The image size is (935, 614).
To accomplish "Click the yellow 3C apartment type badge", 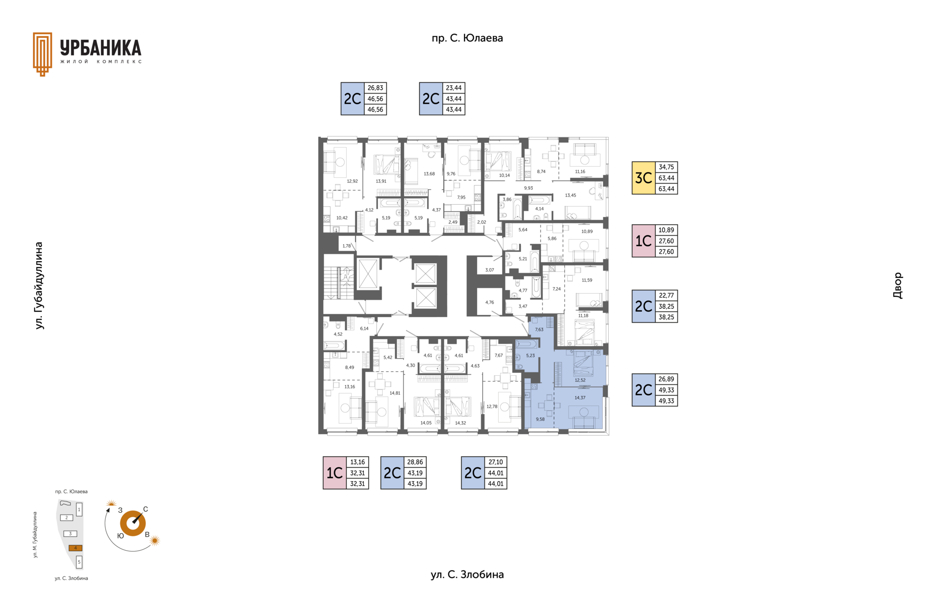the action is click(x=643, y=178).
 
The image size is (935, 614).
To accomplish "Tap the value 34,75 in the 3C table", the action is click(x=666, y=167).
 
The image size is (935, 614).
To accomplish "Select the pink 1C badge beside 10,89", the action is click(x=643, y=241).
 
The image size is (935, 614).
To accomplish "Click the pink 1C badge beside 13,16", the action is click(x=335, y=473).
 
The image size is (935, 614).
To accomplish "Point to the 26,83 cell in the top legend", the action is click(x=375, y=88).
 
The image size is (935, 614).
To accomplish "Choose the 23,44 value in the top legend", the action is click(x=453, y=88).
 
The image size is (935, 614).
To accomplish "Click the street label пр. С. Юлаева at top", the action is click(x=467, y=38).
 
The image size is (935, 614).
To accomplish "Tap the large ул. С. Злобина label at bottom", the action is click(x=467, y=575).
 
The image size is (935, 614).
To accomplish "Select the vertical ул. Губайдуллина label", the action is click(x=39, y=286).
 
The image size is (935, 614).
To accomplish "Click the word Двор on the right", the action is click(x=898, y=286).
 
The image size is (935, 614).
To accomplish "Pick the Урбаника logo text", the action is click(x=101, y=48).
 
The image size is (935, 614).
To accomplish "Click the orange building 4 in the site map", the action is click(x=75, y=548).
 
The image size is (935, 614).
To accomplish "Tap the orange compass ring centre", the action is click(x=132, y=523).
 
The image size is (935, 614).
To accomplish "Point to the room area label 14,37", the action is click(x=580, y=398).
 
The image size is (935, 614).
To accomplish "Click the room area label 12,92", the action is click(x=352, y=181).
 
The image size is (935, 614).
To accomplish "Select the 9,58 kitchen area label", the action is click(x=540, y=419).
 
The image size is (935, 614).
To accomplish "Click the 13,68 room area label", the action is click(x=429, y=174).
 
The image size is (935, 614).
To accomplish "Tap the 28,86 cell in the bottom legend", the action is click(x=415, y=462).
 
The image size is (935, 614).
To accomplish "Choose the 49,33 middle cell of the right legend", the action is click(x=666, y=390).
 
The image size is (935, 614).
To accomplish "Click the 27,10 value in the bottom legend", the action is click(x=496, y=462).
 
